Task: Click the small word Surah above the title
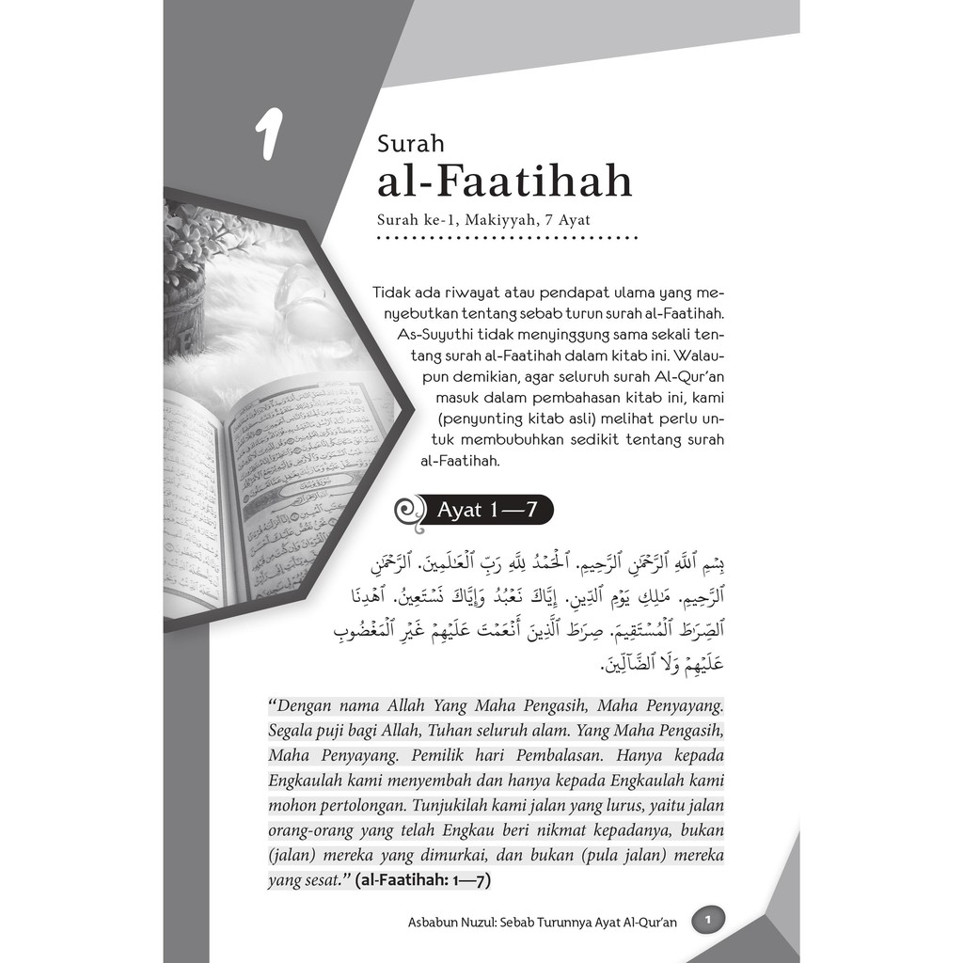[410, 145]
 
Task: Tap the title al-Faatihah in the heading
[505, 183]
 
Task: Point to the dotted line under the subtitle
[508, 238]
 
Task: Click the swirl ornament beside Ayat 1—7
[409, 512]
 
